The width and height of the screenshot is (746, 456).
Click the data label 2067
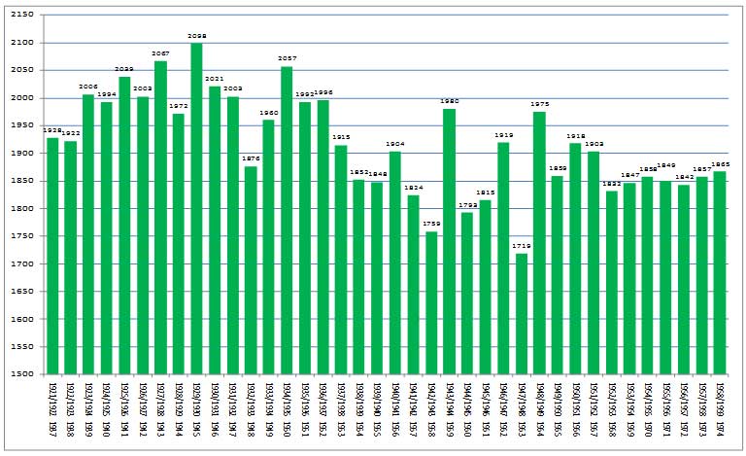click(160, 53)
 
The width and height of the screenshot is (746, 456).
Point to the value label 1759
click(431, 224)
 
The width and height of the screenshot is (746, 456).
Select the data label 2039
click(124, 69)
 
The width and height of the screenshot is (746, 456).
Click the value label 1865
click(720, 164)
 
